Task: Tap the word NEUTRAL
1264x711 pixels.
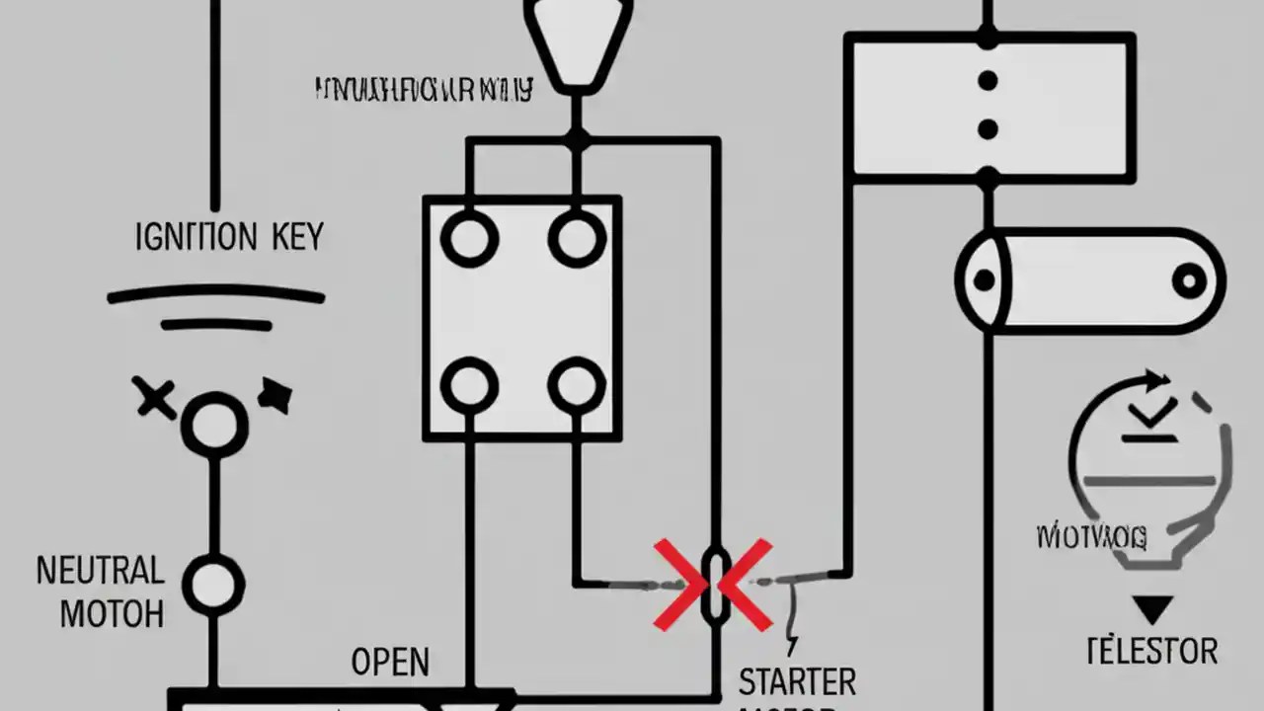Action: click(x=100, y=571)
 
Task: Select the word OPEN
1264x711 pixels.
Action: click(x=390, y=662)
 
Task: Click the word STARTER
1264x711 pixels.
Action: click(x=797, y=681)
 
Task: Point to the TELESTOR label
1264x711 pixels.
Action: click(x=1151, y=651)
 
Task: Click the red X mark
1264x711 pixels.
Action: click(x=713, y=585)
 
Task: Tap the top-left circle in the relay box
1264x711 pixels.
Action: click(x=469, y=238)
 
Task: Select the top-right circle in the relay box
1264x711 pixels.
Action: click(x=577, y=238)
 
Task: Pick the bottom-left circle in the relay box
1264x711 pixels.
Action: click(x=469, y=385)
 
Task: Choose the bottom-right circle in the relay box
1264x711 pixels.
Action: click(x=577, y=385)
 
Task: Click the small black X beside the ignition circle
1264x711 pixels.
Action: click(x=155, y=398)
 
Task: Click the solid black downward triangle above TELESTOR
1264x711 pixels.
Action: click(x=1151, y=608)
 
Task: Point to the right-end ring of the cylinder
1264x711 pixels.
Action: click(x=1190, y=281)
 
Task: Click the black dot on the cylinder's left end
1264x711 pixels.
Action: click(x=984, y=280)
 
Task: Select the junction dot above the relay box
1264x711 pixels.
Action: click(x=577, y=141)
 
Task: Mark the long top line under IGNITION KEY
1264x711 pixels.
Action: click(x=215, y=294)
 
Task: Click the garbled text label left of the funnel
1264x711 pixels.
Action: click(x=423, y=91)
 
